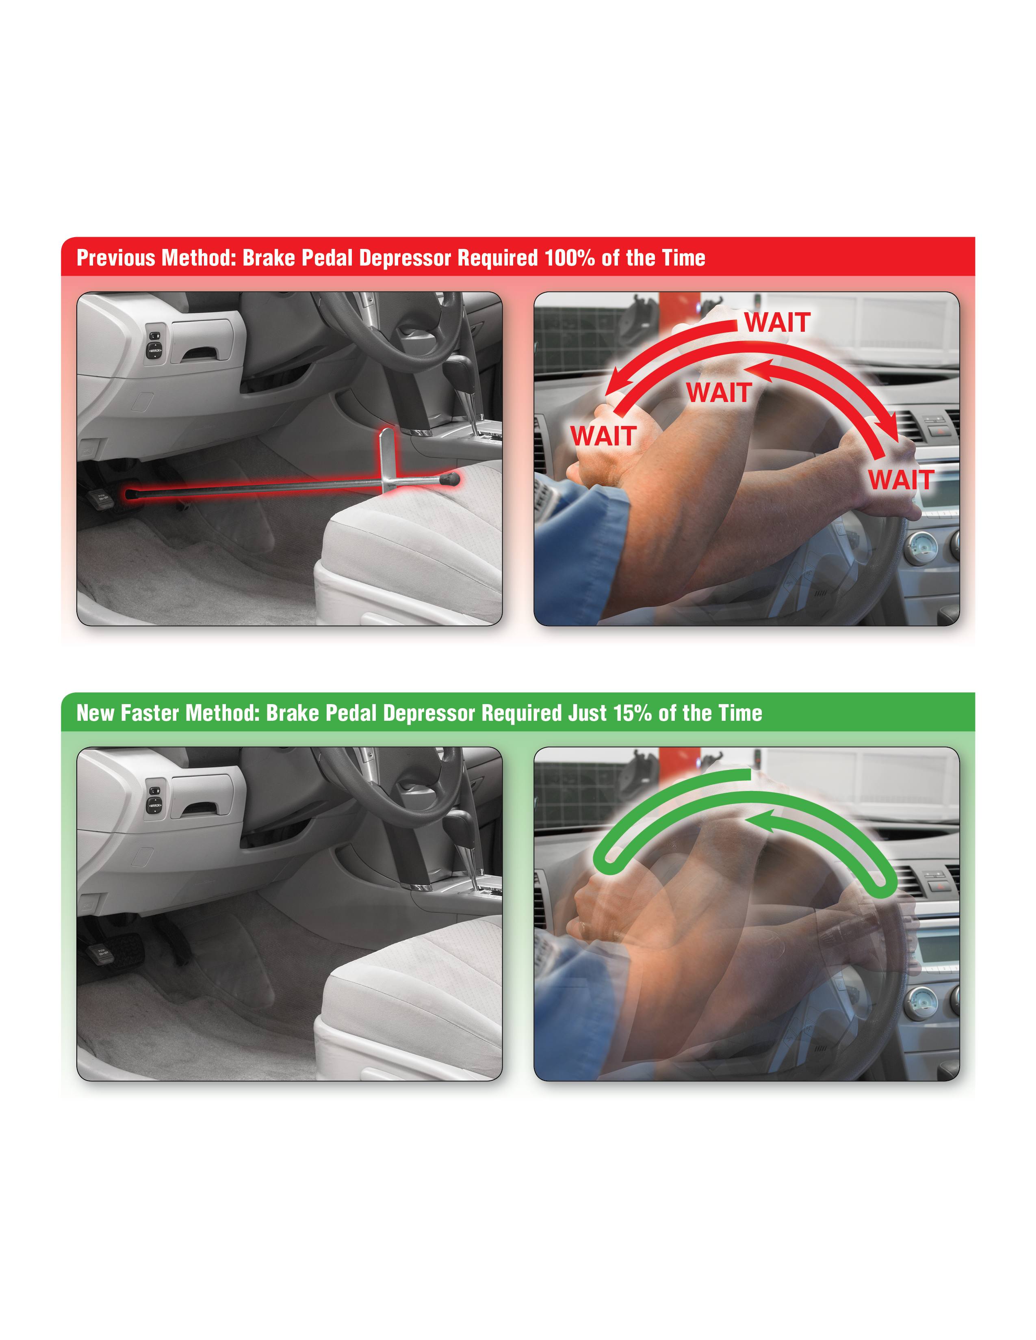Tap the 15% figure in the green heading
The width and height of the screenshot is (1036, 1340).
pyautogui.click(x=632, y=713)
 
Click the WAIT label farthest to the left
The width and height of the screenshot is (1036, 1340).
pyautogui.click(x=603, y=436)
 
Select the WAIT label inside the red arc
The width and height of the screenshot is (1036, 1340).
pyautogui.click(x=719, y=393)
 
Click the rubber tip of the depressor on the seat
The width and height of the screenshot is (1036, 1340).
pyautogui.click(x=451, y=478)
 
